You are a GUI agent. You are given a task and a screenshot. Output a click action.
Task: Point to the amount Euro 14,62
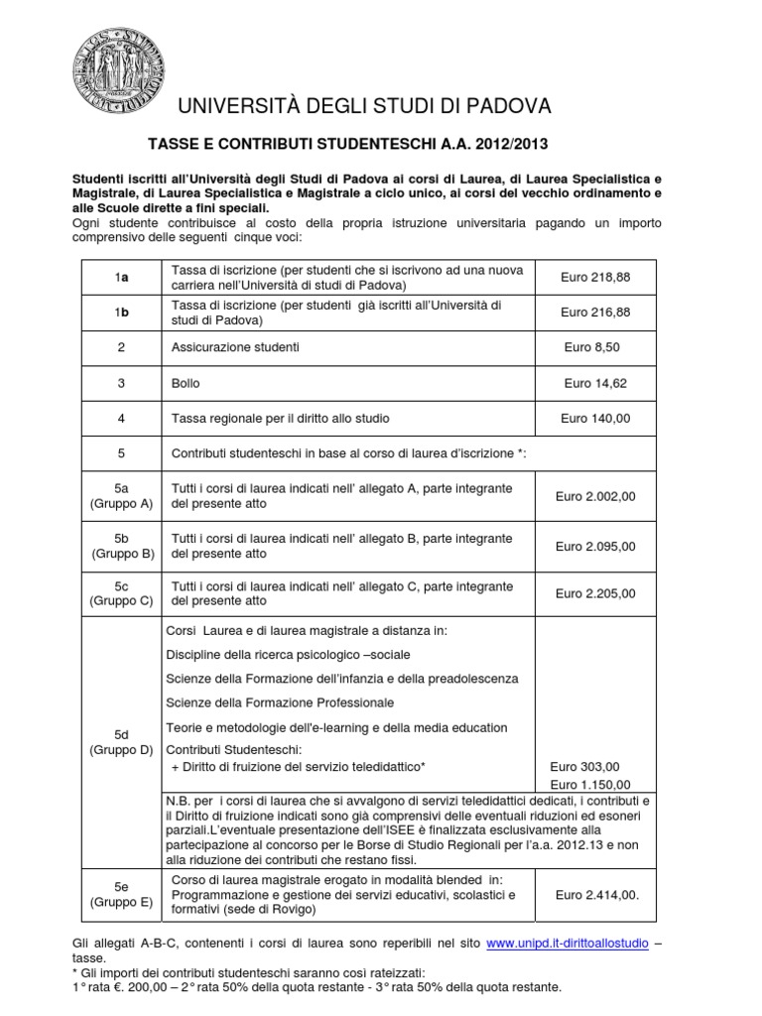(595, 383)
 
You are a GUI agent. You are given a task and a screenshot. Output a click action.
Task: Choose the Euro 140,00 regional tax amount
(595, 418)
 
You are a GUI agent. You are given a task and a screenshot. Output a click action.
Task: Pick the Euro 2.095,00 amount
(595, 546)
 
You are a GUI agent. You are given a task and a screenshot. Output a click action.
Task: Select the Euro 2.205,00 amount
(595, 593)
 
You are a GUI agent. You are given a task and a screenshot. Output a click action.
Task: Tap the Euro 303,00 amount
(584, 766)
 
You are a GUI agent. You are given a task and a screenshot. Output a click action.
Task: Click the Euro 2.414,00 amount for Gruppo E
(597, 894)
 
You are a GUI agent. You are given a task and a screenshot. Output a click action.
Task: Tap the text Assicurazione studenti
(235, 347)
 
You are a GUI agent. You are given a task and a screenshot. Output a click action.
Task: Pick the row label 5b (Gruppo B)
(122, 546)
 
